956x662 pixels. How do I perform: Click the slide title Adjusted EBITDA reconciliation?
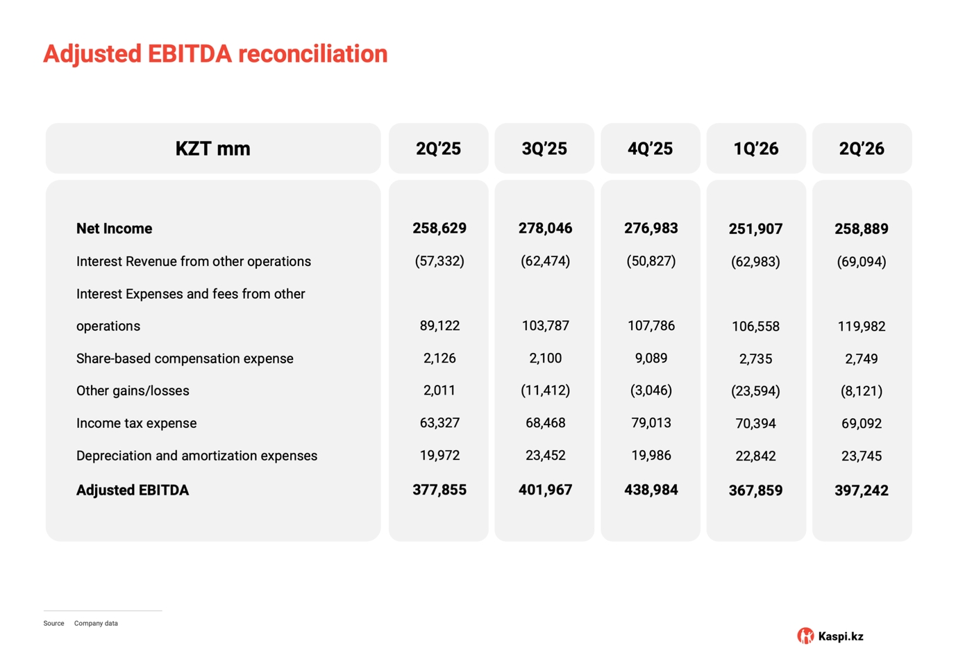[x=215, y=54]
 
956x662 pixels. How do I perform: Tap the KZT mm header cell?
[x=213, y=149]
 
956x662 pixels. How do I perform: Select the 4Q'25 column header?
[x=650, y=149]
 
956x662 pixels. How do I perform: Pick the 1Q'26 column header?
[x=756, y=149]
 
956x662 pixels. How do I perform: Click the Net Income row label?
[x=115, y=229]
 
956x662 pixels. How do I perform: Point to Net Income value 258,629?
[x=439, y=228]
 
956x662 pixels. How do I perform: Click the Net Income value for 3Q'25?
[x=545, y=228]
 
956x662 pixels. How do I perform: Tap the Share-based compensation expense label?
[x=185, y=358]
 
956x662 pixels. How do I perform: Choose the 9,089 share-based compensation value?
[x=651, y=358]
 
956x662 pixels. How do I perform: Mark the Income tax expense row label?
[x=137, y=423]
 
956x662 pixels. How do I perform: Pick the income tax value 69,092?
[x=862, y=423]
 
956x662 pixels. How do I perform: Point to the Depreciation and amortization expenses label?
[x=196, y=456]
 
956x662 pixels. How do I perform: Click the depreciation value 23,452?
[x=545, y=455]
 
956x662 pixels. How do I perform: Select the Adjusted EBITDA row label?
[x=133, y=490]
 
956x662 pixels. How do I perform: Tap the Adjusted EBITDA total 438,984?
[x=651, y=490]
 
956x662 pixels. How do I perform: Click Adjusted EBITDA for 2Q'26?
[x=862, y=490]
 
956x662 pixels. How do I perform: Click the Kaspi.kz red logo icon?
[x=805, y=636]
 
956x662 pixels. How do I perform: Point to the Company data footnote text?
[x=96, y=623]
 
